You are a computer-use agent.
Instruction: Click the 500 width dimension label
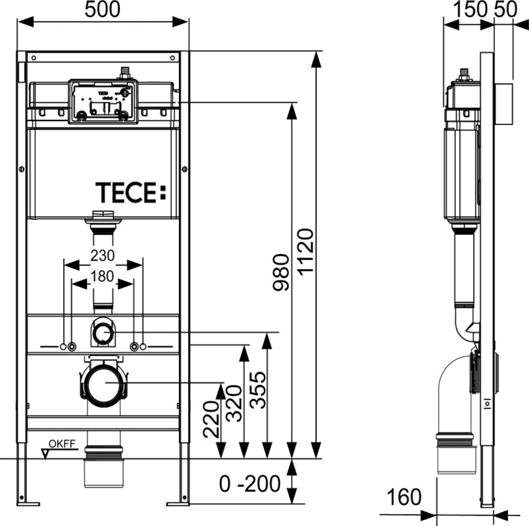pyautogui.click(x=102, y=9)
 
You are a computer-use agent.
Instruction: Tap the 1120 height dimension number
pyautogui.click(x=307, y=252)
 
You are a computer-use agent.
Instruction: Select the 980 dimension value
pyautogui.click(x=281, y=273)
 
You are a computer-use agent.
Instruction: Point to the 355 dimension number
pyautogui.click(x=258, y=390)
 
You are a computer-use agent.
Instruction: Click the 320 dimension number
pyautogui.click(x=234, y=404)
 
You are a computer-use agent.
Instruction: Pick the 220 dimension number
pyautogui.click(x=211, y=419)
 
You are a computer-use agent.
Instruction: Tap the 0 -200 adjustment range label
pyautogui.click(x=249, y=483)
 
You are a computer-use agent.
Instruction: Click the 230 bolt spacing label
pyautogui.click(x=103, y=255)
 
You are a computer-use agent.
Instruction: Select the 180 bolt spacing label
pyautogui.click(x=102, y=276)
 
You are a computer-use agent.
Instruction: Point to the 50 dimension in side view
pyautogui.click(x=506, y=9)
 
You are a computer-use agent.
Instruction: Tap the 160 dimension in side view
pyautogui.click(x=404, y=497)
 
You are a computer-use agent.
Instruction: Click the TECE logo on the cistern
pyautogui.click(x=131, y=193)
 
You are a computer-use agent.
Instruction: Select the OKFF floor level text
pyautogui.click(x=62, y=444)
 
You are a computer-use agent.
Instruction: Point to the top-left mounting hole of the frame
pyautogui.click(x=34, y=58)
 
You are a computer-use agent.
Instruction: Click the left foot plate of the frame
pyautogui.click(x=28, y=504)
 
